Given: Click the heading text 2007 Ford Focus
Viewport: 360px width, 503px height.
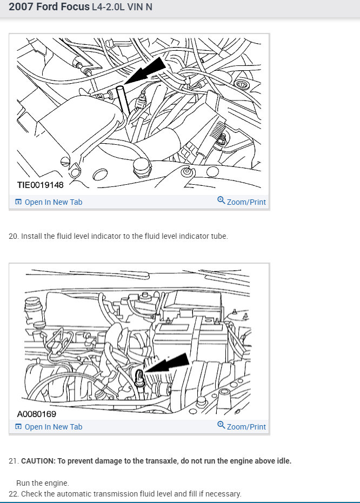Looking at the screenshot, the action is (49, 6).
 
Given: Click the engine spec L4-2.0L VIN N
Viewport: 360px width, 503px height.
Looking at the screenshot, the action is (122, 6).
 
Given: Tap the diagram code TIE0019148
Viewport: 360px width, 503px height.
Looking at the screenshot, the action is (41, 185).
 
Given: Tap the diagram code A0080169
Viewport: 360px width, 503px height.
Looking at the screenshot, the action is (37, 414).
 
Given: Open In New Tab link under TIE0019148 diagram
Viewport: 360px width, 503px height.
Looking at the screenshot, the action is (54, 202).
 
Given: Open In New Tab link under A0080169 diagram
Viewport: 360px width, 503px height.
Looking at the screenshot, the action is (54, 427).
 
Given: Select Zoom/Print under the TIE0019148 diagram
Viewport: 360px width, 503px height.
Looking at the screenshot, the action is (246, 202).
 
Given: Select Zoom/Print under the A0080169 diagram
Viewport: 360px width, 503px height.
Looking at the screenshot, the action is (246, 427).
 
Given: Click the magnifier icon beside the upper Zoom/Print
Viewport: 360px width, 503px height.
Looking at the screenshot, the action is (221, 200).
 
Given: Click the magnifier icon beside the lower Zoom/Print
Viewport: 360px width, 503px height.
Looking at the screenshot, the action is (221, 425).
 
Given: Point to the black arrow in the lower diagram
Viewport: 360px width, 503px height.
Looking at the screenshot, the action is (168, 364).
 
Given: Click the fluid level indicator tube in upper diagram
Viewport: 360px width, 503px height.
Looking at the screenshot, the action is (123, 99).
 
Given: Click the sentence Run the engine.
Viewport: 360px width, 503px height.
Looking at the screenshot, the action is (43, 483).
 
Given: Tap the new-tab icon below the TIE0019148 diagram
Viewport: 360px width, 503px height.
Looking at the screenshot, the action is (18, 202).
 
